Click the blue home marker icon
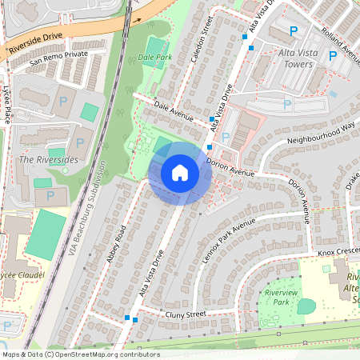(180, 173)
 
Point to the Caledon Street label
(214, 33)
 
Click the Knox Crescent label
(338, 252)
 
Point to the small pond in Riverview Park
(306, 306)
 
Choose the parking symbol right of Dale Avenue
(226, 137)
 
